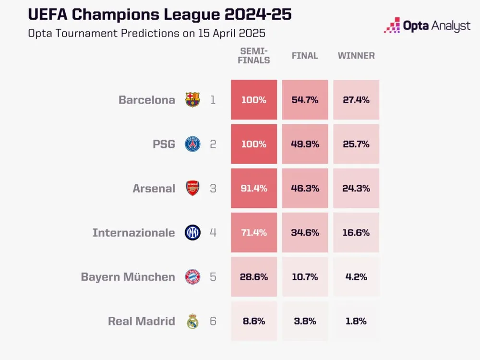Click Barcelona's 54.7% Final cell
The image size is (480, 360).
(x=305, y=100)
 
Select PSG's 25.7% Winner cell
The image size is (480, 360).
(x=356, y=144)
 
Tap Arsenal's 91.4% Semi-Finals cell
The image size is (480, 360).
(x=254, y=188)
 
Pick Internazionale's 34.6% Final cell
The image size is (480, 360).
(x=305, y=233)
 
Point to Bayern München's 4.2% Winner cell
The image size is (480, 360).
(x=356, y=277)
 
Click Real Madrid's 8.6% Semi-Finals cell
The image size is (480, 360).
(x=254, y=321)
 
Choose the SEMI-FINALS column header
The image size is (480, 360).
(x=255, y=56)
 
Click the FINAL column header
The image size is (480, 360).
(x=305, y=56)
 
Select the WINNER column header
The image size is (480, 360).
(x=356, y=56)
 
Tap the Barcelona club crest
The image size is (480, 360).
(x=192, y=100)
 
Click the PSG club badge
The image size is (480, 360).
(x=192, y=144)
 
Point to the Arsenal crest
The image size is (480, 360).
(x=192, y=188)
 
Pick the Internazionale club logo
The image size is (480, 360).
(x=192, y=233)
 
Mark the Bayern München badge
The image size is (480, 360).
(x=192, y=277)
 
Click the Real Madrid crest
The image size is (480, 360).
(x=192, y=321)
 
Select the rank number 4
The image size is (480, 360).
(x=213, y=233)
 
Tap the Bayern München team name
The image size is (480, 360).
(x=128, y=277)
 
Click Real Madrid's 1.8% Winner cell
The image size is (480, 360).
(x=356, y=321)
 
